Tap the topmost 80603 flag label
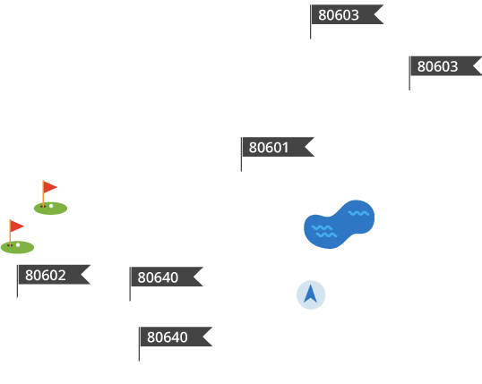348,14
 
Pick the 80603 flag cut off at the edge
446,66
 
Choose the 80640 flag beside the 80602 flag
167,277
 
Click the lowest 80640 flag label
176,337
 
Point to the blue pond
339,225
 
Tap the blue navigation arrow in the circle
311,294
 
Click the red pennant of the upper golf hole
50,187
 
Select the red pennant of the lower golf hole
17,226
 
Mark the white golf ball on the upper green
51,206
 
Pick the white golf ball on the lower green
18,245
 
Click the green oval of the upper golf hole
50,209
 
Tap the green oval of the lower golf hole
17,247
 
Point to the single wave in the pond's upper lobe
358,213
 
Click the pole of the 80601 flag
241,154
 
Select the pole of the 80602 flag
17,281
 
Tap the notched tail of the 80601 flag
309,147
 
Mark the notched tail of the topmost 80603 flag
378,14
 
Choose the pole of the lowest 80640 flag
139,344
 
